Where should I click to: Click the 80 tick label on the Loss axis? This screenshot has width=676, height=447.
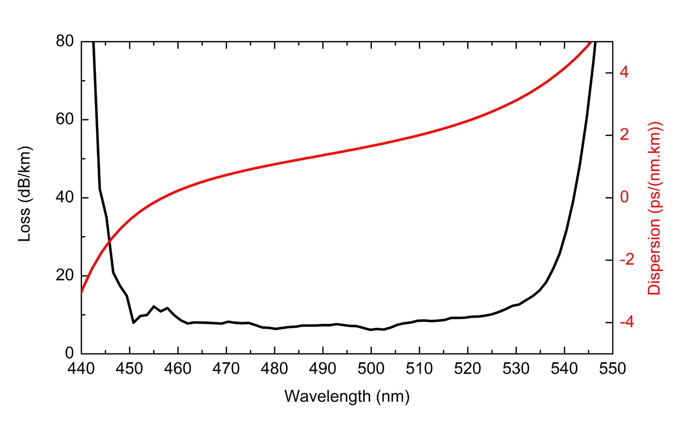click(64, 41)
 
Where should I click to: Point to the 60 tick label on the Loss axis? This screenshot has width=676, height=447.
click(64, 119)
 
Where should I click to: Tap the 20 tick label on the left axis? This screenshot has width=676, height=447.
click(64, 275)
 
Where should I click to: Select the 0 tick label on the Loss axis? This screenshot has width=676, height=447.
click(69, 353)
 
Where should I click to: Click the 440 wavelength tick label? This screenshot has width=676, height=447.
click(82, 369)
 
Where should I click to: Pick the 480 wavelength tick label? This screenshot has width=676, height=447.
click(274, 369)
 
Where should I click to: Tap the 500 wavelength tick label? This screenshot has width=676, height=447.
click(371, 369)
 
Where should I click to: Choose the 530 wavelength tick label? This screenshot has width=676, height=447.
click(516, 369)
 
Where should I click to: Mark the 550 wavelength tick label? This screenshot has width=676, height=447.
click(612, 369)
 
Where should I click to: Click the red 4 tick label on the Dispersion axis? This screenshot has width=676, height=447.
click(624, 72)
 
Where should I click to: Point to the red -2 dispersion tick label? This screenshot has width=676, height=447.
click(626, 260)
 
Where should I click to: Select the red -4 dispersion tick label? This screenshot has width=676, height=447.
click(626, 322)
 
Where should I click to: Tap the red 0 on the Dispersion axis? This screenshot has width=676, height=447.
click(624, 197)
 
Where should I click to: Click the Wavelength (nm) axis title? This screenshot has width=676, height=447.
click(347, 396)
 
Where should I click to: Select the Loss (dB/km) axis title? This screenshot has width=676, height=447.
click(24, 194)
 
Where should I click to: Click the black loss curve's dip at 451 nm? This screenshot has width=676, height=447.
click(133, 322)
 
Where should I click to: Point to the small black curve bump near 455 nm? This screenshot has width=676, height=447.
click(154, 306)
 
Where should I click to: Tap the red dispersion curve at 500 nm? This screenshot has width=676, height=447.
click(371, 146)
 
